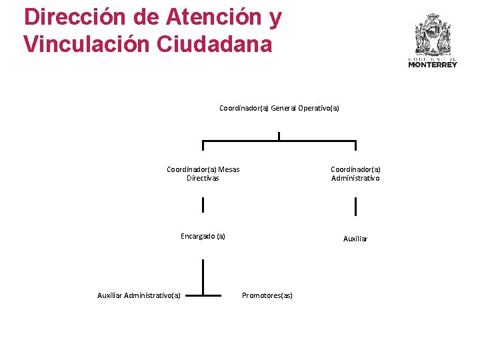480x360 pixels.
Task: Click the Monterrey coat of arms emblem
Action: [x=433, y=34]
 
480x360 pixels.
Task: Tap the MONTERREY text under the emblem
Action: [x=433, y=65]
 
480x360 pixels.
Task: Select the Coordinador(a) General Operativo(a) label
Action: [x=279, y=108]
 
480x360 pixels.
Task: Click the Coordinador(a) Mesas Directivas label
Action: [x=203, y=173]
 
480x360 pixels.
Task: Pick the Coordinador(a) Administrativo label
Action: [x=355, y=173]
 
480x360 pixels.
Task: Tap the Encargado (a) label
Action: [x=203, y=236]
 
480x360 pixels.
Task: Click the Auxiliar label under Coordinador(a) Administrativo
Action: [x=355, y=239]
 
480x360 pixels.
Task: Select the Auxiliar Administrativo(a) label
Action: [x=139, y=295]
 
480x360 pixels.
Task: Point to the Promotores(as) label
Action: [x=267, y=295]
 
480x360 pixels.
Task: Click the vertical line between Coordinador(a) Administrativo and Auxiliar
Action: [x=355, y=207]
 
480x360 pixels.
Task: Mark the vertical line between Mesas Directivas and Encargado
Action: [x=203, y=205]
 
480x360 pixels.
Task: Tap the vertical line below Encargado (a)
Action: [x=203, y=277]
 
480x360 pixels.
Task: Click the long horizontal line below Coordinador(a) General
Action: [x=279, y=141]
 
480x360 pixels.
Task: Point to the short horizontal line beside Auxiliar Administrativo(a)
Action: [x=203, y=294]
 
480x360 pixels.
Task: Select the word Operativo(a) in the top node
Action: [x=318, y=108]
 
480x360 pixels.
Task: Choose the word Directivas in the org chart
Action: [x=203, y=178]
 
